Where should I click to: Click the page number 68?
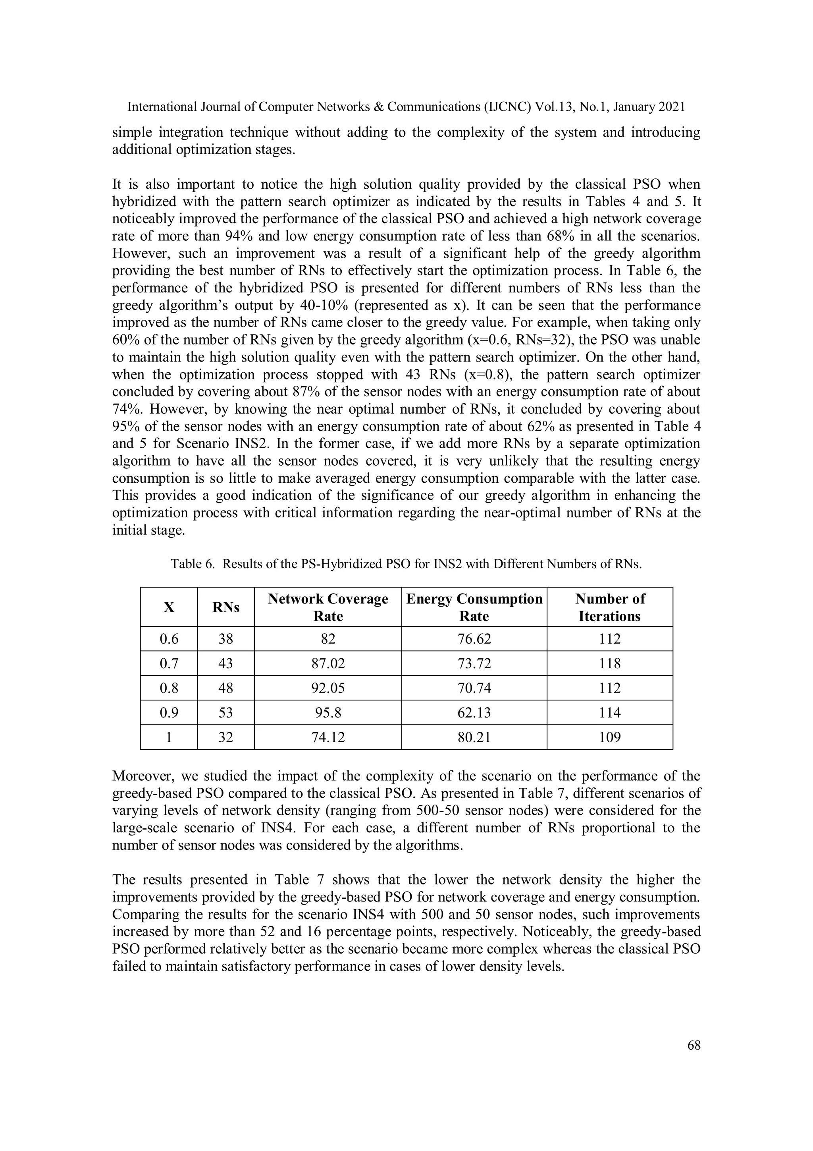694,1045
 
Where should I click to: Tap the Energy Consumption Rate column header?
474,607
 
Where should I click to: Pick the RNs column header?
225,607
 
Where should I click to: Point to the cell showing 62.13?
474,712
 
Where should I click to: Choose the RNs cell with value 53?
225,712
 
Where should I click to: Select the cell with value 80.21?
474,737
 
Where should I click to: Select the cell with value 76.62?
474,638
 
